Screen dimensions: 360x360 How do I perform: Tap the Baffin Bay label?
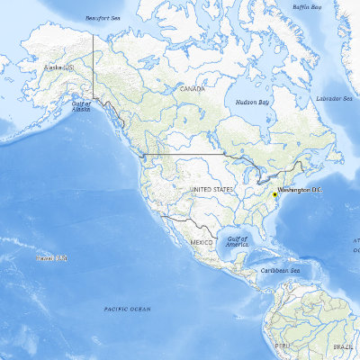click(307, 8)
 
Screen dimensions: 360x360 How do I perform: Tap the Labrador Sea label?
click(333, 98)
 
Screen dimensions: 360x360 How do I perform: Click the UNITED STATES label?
click(211, 190)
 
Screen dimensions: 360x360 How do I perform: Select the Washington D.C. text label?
click(301, 191)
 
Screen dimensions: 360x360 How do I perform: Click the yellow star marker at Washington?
click(274, 193)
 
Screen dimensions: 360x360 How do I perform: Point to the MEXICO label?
click(201, 243)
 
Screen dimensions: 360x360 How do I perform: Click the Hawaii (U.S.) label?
click(50, 258)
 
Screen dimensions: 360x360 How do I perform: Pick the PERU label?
click(282, 345)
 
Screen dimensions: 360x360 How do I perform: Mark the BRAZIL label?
click(343, 346)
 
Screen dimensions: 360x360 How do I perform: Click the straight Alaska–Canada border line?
click(94, 63)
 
